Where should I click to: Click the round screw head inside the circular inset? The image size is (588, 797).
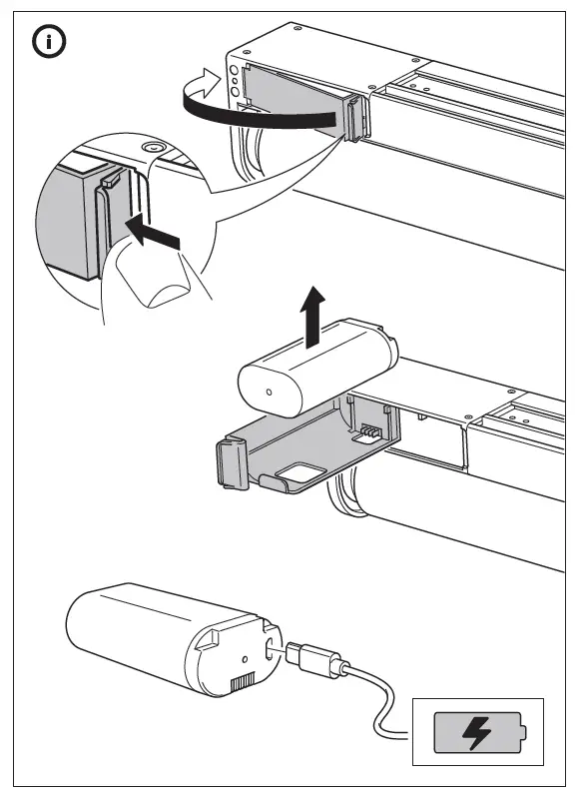click(152, 149)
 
